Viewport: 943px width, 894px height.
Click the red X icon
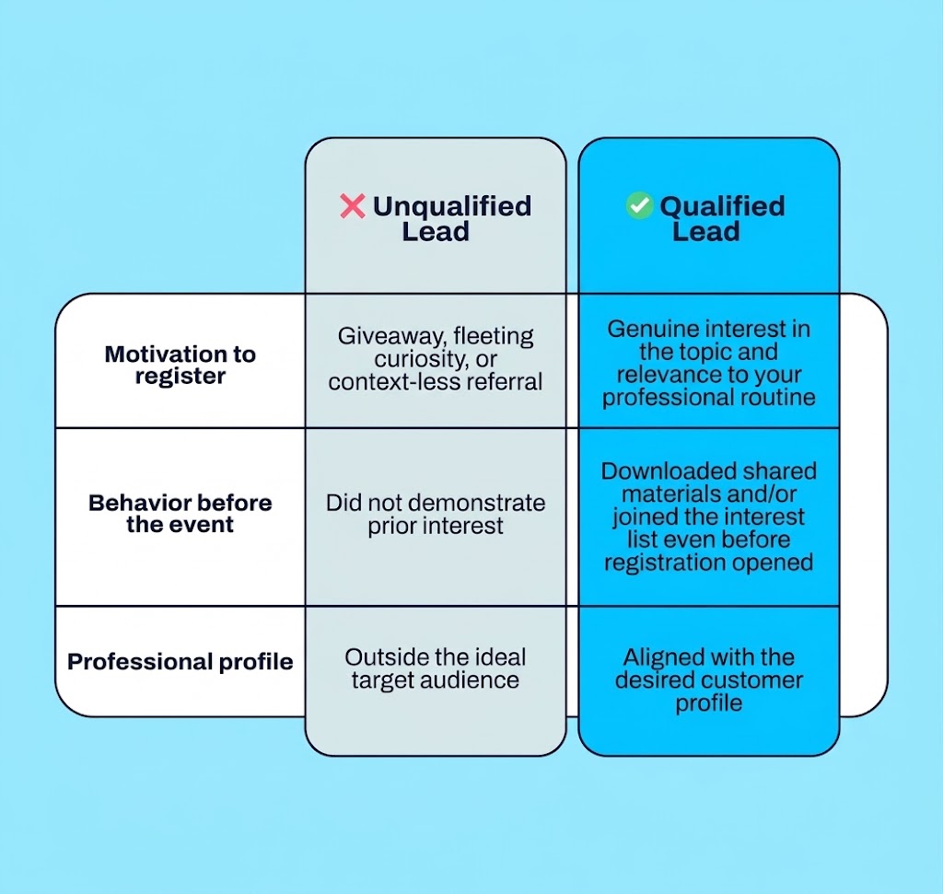[353, 206]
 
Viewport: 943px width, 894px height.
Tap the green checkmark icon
[639, 205]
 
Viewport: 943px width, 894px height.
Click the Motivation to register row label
[180, 365]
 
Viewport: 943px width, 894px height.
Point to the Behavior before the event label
[180, 514]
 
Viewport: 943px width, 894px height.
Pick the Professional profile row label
[180, 661]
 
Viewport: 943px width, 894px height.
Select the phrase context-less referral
[436, 382]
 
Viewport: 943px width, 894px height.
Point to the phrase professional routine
[708, 398]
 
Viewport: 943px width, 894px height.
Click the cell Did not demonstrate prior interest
[436, 514]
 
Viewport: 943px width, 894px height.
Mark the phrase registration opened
[708, 563]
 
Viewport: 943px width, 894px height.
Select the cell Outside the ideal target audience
[436, 668]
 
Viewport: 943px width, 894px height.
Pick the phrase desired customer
[708, 680]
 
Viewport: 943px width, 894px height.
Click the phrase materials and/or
[708, 494]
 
